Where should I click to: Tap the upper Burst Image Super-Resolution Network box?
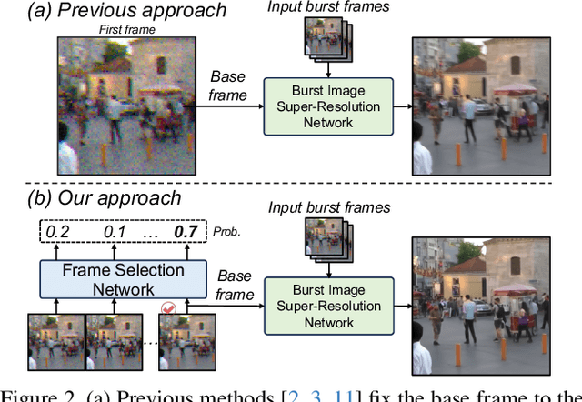327,106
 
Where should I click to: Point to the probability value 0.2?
57,232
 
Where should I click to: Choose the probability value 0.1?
114,232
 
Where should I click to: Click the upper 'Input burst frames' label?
328,7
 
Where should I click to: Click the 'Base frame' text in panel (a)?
227,86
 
